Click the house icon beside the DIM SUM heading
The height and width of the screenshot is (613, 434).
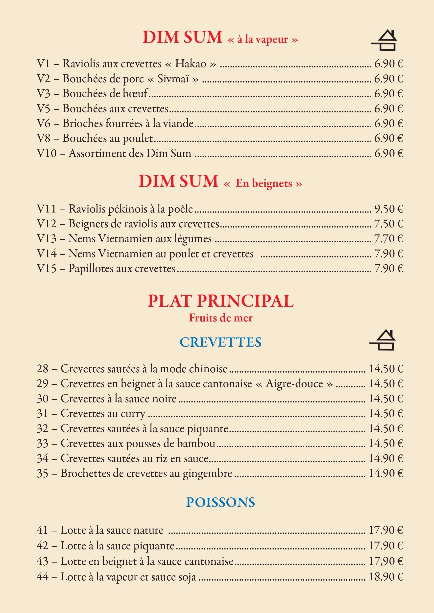pyautogui.click(x=384, y=41)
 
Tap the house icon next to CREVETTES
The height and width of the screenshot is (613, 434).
pyautogui.click(x=383, y=340)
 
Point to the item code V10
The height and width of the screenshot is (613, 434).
pyautogui.click(x=47, y=153)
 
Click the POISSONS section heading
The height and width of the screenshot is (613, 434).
pyautogui.click(x=221, y=502)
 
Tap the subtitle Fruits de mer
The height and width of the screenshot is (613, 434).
pyautogui.click(x=221, y=318)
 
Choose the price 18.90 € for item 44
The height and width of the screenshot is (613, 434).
pyautogui.click(x=386, y=577)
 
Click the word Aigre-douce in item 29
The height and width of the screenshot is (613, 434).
pyautogui.click(x=294, y=384)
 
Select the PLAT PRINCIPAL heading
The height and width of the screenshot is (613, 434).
pyautogui.click(x=221, y=301)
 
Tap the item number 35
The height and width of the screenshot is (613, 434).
pyautogui.click(x=43, y=473)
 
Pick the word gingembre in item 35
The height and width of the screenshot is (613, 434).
pyautogui.click(x=207, y=474)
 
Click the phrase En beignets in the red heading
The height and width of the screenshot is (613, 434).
pyautogui.click(x=264, y=183)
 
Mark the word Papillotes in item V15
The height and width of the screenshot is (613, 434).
pyautogui.click(x=93, y=269)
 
